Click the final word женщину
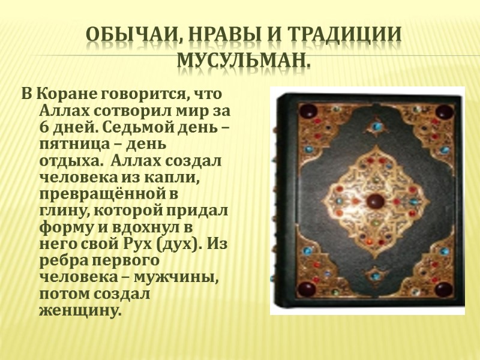tap(79, 312)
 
